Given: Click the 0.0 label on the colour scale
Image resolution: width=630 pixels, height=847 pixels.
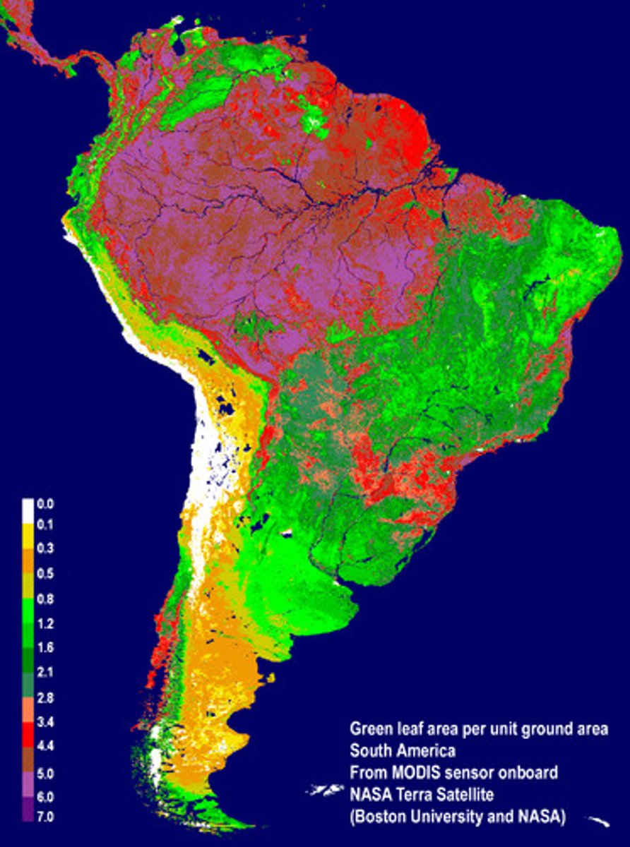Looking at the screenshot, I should (45, 504).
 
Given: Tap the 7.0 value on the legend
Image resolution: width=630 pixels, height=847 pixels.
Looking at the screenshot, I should (45, 817).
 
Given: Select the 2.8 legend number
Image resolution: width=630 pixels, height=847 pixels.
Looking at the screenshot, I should (45, 697).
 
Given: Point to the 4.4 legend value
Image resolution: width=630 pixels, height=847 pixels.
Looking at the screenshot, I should (45, 745).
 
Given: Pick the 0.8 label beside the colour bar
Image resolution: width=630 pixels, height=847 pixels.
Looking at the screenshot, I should (45, 599).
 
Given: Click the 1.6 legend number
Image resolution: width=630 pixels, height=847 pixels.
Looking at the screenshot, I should (45, 647).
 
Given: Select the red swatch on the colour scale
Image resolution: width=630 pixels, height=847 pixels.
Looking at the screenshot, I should (28, 734).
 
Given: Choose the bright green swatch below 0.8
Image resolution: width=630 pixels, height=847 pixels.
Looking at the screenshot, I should (28, 612).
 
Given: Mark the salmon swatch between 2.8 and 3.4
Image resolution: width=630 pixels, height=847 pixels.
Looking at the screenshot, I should (28, 709).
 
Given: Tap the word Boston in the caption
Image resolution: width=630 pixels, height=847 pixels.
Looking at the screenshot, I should (379, 817).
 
